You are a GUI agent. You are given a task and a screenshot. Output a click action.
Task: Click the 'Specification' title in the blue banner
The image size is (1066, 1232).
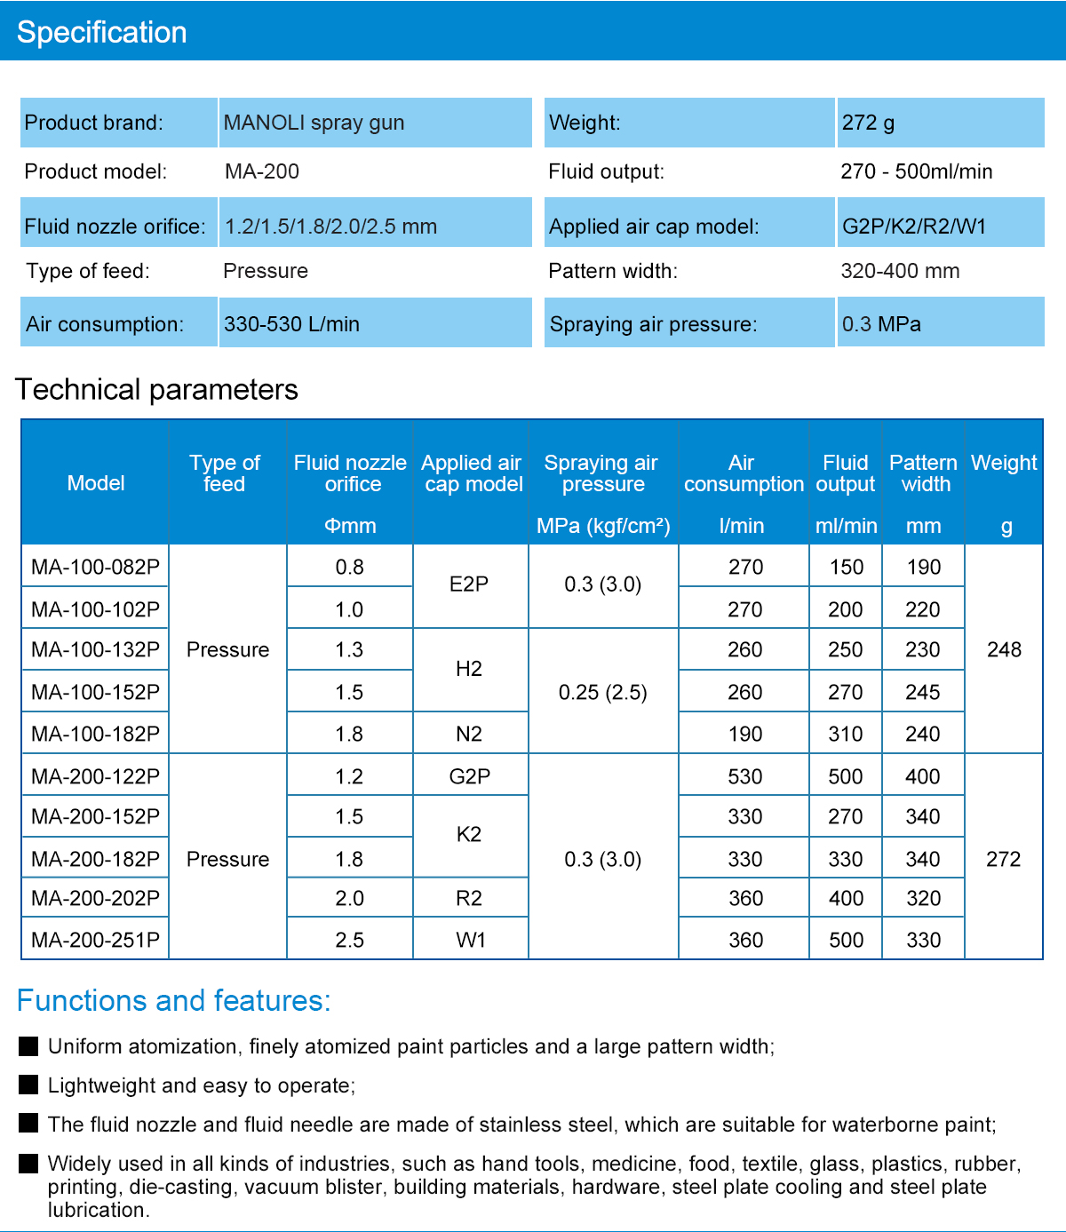(x=102, y=32)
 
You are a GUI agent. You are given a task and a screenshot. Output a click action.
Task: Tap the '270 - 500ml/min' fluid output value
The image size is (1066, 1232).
(x=917, y=171)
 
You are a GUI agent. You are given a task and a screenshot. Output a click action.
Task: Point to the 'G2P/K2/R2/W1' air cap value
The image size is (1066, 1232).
(x=914, y=227)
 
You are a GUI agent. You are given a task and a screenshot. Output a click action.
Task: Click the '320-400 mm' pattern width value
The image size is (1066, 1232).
(x=900, y=271)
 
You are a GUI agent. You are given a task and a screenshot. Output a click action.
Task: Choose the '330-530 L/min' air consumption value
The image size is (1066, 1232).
(x=291, y=324)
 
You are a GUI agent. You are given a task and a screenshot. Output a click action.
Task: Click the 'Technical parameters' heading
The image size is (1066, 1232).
(x=156, y=390)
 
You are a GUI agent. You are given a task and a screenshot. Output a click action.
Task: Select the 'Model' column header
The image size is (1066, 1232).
(x=95, y=483)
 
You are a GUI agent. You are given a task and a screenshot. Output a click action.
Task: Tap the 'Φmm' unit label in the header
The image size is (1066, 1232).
(x=350, y=526)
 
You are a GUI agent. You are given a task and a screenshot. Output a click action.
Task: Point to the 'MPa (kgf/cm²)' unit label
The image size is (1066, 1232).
(x=603, y=526)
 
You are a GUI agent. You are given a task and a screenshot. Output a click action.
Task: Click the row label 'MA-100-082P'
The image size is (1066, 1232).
(x=95, y=567)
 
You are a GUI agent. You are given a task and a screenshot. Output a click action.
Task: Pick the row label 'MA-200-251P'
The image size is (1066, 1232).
(x=95, y=940)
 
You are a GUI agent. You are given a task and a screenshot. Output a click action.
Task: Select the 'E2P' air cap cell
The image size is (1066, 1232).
(x=469, y=584)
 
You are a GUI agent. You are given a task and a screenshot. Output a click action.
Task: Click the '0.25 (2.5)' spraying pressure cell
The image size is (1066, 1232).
(x=603, y=693)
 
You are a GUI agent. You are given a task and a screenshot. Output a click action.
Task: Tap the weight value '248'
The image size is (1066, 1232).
(x=1004, y=649)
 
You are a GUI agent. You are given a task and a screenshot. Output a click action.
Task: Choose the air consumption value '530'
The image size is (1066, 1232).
(x=744, y=776)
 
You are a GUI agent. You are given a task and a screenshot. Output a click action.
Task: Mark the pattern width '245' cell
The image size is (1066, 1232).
(x=922, y=693)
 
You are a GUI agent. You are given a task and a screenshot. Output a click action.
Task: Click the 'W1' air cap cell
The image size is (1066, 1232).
(x=471, y=940)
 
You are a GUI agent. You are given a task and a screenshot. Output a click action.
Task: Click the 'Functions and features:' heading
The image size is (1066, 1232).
(x=173, y=1001)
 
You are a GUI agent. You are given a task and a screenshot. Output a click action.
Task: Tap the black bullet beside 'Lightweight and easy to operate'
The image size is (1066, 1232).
(x=28, y=1085)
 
